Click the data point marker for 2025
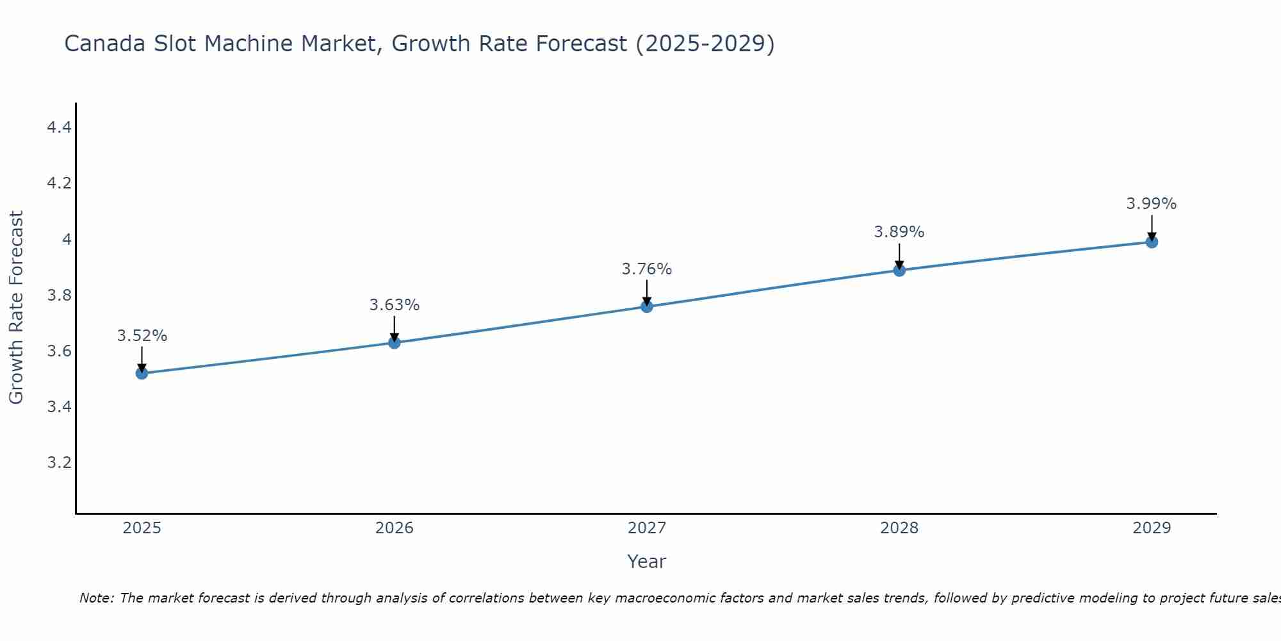[142, 373]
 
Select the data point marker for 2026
[394, 342]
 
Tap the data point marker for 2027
[646, 306]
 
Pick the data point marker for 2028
[899, 270]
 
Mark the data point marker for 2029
[1152, 242]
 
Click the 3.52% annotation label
[142, 336]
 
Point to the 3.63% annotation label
[394, 305]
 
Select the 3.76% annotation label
[646, 269]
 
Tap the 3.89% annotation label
[899, 232]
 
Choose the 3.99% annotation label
[1152, 204]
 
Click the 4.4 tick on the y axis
[59, 128]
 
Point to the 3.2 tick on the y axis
[59, 463]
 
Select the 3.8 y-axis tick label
[59, 296]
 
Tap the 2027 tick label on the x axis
[646, 528]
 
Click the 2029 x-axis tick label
[1152, 528]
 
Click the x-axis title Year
[646, 562]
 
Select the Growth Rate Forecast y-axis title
[16, 308]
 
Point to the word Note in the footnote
[96, 598]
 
